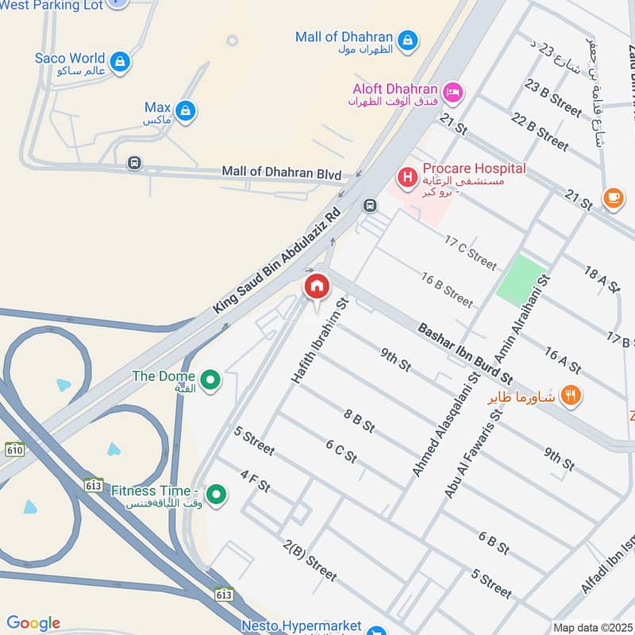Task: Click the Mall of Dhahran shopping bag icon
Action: (x=407, y=40)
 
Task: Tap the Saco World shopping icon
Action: (x=120, y=61)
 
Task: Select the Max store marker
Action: (x=185, y=111)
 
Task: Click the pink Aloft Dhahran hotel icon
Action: (x=452, y=93)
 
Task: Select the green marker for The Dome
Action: (x=210, y=381)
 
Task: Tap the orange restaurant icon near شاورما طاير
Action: (x=569, y=394)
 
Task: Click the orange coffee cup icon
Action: (x=613, y=198)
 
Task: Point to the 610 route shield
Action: (x=14, y=450)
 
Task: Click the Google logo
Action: (x=33, y=623)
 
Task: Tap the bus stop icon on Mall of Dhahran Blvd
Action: (x=134, y=164)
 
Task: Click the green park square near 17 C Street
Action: (x=521, y=279)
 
